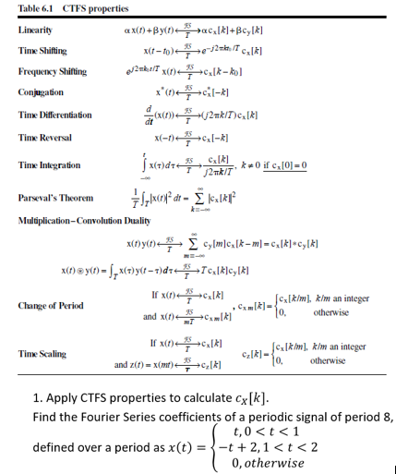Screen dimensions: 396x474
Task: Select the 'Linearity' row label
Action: (34, 30)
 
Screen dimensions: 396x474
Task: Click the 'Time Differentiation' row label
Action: (54, 115)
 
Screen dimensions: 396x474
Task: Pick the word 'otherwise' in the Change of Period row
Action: (334, 312)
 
